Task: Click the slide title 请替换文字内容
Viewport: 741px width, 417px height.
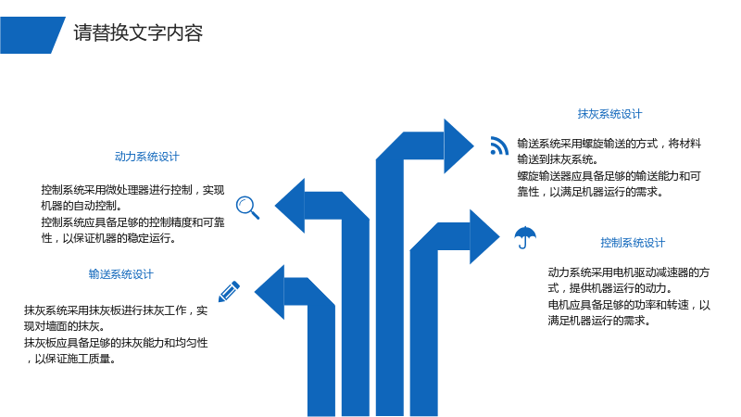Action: click(138, 33)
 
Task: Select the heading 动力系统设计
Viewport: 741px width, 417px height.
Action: click(147, 157)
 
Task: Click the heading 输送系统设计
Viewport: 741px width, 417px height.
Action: click(121, 274)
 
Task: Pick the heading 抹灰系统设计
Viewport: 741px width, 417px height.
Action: click(609, 114)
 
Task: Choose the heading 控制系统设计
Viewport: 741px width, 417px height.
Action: click(633, 243)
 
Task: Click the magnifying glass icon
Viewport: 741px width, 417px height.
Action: click(247, 208)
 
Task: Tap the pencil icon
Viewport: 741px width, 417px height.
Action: click(229, 291)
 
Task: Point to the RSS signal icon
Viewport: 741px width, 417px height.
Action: click(499, 145)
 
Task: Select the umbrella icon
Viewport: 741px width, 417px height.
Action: click(525, 237)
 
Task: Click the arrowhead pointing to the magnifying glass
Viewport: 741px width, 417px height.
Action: click(290, 206)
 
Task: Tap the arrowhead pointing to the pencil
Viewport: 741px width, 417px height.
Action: click(270, 292)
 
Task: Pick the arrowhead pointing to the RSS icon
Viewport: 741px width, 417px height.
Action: click(458, 146)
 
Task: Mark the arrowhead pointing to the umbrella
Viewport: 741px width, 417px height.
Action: click(484, 236)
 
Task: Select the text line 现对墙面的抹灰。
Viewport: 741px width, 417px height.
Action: click(65, 326)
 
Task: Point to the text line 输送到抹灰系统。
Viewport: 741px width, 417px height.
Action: click(559, 159)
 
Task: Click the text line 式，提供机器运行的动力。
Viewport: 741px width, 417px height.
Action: click(610, 288)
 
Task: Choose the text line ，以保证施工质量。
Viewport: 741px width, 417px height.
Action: click(70, 359)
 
